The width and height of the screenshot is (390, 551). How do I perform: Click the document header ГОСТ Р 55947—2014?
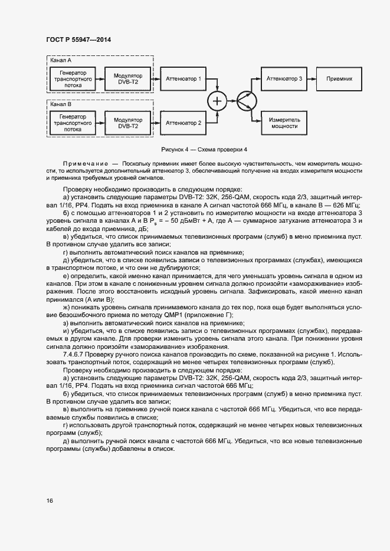pos(78,40)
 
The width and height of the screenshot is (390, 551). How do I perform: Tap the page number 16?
pos(49,501)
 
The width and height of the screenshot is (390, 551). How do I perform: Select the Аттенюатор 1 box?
pos(183,78)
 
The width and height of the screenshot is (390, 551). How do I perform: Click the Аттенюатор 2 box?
pos(183,123)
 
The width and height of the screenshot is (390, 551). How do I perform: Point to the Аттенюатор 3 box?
pos(284,78)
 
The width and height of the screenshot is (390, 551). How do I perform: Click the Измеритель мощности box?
pos(284,122)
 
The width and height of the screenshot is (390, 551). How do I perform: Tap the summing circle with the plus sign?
pos(217,101)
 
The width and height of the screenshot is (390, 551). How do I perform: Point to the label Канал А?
pos(61,60)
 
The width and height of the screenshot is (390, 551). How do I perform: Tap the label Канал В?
pos(61,104)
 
